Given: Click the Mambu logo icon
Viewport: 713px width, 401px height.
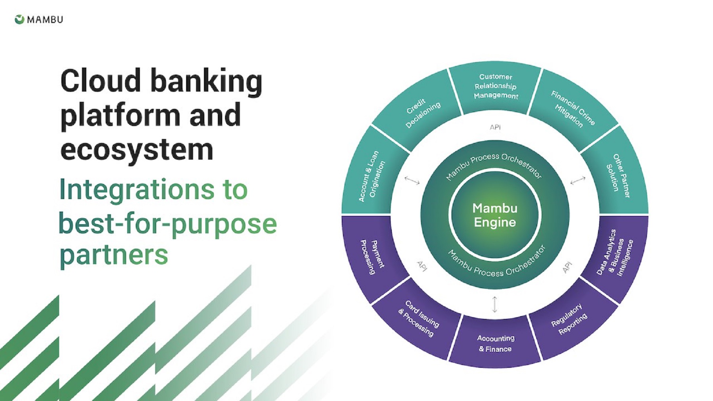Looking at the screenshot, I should tap(19, 19).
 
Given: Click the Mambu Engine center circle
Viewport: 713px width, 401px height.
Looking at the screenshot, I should tap(495, 215).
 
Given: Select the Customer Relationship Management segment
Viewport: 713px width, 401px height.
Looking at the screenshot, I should tap(496, 86).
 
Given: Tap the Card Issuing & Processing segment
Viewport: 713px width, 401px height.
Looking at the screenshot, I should tap(419, 319).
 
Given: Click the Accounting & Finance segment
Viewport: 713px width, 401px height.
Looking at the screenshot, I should tap(495, 344).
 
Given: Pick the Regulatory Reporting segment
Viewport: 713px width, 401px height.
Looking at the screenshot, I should tap(569, 319).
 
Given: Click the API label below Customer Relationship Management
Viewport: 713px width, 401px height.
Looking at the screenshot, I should tap(495, 127).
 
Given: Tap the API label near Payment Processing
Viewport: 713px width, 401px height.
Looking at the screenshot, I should tap(422, 266).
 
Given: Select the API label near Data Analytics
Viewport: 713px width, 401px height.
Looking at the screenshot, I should tap(567, 267).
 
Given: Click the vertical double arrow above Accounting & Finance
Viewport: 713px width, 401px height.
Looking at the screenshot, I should tap(494, 304).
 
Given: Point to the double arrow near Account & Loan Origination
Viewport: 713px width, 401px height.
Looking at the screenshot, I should tap(412, 181).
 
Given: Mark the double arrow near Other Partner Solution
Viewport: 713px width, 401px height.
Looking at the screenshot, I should tap(578, 181).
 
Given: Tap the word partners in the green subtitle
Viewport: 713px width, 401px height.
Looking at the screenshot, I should tap(114, 255).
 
